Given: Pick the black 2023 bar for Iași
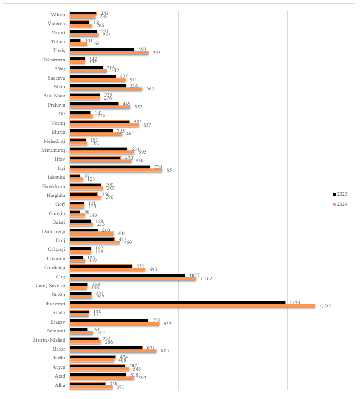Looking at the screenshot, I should tap(109, 166).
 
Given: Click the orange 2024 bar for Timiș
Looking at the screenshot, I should tap(109, 53).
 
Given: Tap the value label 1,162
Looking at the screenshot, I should tap(207, 279).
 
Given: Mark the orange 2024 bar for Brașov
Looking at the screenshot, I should tap(114, 324).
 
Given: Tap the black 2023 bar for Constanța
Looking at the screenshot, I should tap(100, 266).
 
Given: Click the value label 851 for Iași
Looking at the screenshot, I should tap(170, 170).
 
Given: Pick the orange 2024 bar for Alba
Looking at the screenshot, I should tap(91, 387).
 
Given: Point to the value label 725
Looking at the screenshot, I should tap(156, 53).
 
